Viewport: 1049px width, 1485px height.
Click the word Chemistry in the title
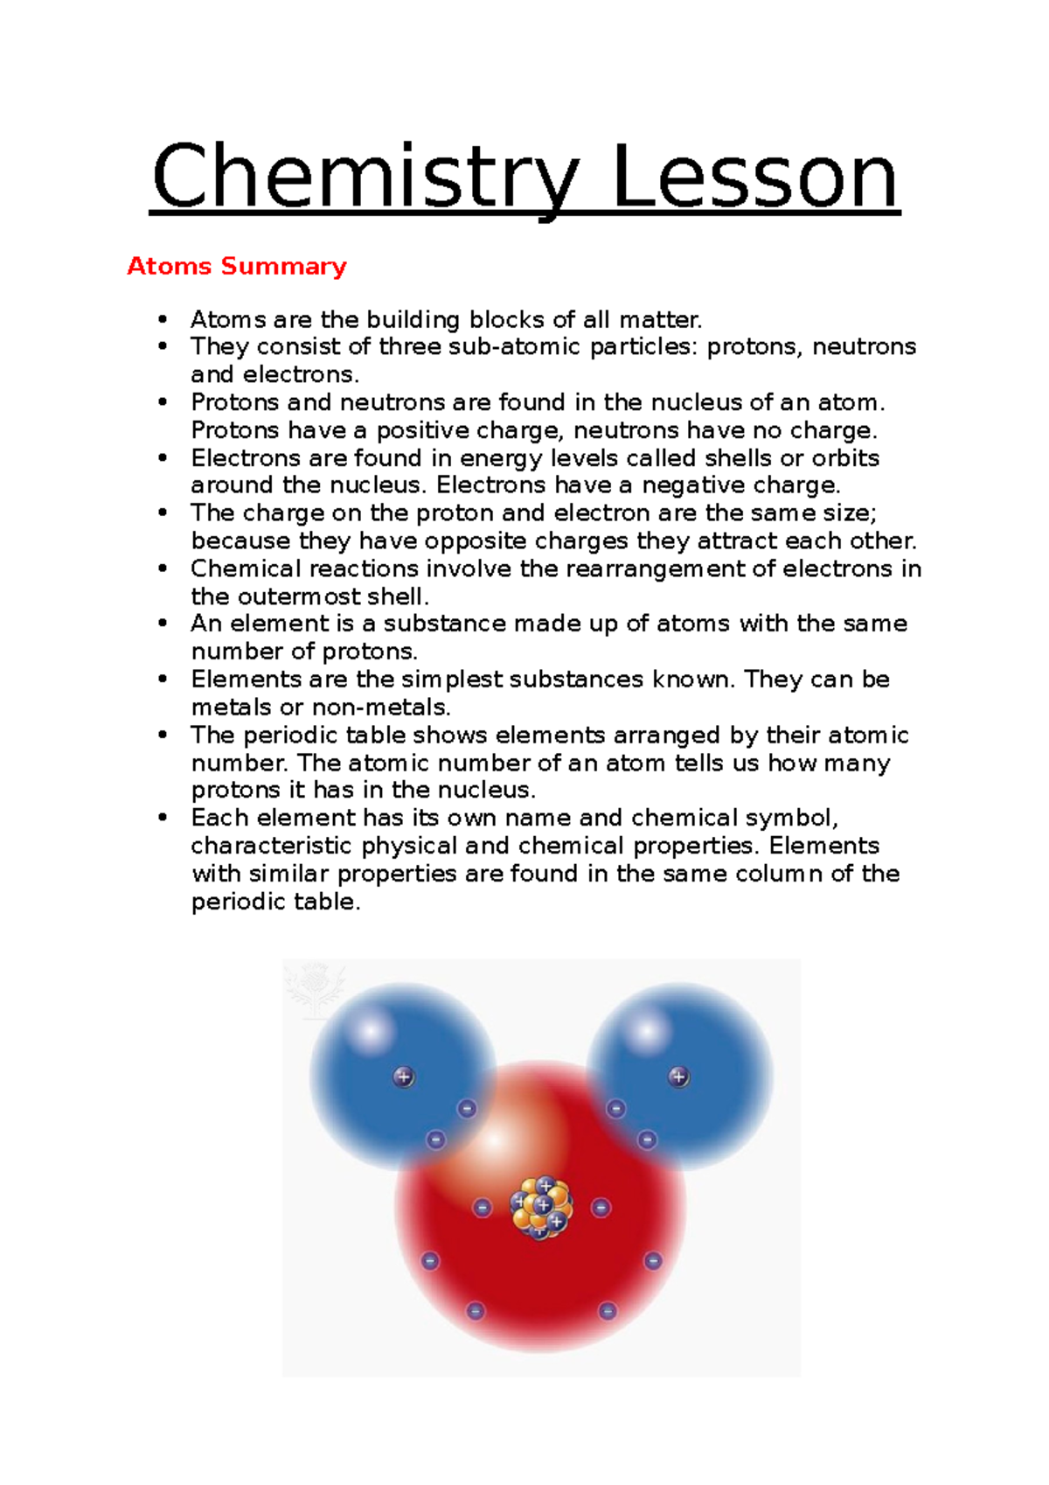pyautogui.click(x=365, y=178)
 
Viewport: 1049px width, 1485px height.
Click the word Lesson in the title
pyautogui.click(x=755, y=178)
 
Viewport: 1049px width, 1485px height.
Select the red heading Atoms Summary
pyautogui.click(x=237, y=266)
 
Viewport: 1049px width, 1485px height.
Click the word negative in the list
pyautogui.click(x=698, y=485)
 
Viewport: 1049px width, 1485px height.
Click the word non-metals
pyautogui.click(x=381, y=708)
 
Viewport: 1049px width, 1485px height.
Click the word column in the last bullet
pyautogui.click(x=779, y=874)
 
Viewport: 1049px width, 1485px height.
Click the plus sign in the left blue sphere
pyautogui.click(x=403, y=1077)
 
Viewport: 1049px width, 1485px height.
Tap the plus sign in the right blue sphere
pyautogui.click(x=678, y=1077)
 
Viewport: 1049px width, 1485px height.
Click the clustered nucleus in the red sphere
pyautogui.click(x=543, y=1208)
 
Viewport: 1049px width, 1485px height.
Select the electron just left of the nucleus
pyautogui.click(x=482, y=1208)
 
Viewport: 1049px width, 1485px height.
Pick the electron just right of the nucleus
pyautogui.click(x=601, y=1208)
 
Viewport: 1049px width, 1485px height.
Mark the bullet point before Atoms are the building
pyautogui.click(x=163, y=319)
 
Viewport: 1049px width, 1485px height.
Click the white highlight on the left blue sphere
pyautogui.click(x=372, y=1032)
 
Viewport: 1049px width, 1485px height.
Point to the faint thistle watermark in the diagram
pyautogui.click(x=313, y=988)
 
